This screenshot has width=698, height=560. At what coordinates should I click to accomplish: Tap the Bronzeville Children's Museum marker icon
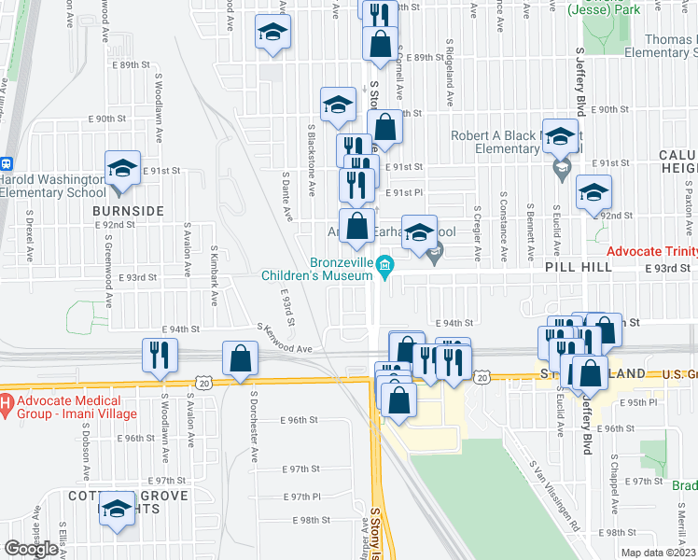click(384, 267)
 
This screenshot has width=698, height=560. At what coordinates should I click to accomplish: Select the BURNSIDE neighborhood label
click(128, 211)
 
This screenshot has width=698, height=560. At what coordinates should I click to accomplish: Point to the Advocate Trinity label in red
click(651, 253)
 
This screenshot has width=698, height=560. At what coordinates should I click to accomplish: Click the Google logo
click(31, 549)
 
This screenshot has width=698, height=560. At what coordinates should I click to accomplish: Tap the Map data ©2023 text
click(659, 553)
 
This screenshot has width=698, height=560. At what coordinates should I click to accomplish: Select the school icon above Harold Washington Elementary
click(122, 169)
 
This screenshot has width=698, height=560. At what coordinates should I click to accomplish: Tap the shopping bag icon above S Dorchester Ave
click(240, 358)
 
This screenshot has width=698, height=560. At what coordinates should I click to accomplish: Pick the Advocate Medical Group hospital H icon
click(4, 405)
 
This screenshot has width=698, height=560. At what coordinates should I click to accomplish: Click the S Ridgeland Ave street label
click(450, 73)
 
